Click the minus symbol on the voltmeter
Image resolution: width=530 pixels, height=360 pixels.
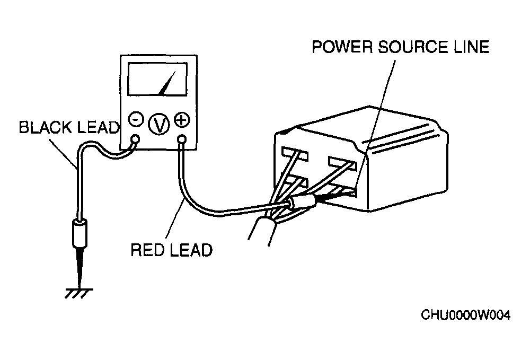(x=136, y=119)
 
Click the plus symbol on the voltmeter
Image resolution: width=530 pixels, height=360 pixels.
(x=182, y=119)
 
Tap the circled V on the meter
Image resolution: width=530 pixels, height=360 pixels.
(x=159, y=124)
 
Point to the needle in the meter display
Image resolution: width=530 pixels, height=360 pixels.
(x=167, y=83)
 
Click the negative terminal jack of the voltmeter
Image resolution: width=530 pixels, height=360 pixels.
(x=135, y=138)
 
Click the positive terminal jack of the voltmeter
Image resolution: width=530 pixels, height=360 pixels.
(x=181, y=138)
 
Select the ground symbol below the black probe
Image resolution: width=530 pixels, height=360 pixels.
(x=79, y=293)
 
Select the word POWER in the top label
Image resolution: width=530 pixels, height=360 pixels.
(x=342, y=47)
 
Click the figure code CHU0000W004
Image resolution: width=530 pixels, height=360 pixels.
(x=465, y=315)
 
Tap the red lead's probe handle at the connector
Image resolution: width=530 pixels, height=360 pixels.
(x=302, y=202)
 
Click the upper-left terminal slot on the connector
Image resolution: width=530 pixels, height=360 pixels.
(x=294, y=154)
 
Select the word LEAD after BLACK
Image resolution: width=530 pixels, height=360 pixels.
(x=99, y=127)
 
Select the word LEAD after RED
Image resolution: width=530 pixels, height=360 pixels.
(x=191, y=250)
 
